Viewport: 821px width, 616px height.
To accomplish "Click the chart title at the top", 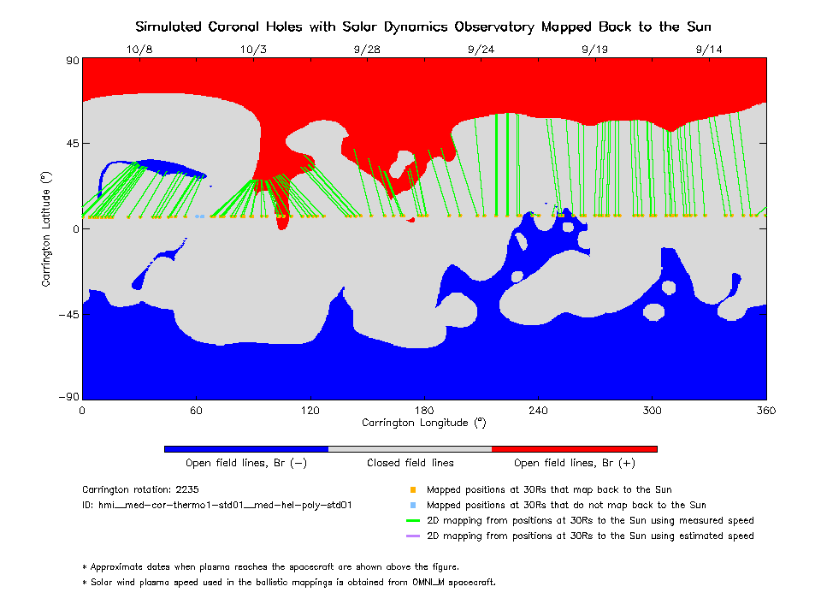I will click(x=422, y=27).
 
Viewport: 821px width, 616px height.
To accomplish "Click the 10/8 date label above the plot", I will click(x=139, y=50).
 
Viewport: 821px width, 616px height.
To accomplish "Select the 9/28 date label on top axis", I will click(x=366, y=50).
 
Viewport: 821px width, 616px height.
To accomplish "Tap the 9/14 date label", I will click(x=709, y=50).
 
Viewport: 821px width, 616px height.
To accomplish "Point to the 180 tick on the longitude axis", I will click(x=424, y=410).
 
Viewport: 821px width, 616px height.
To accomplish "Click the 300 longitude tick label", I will click(x=653, y=410).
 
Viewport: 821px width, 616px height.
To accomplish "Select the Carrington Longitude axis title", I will click(x=423, y=423).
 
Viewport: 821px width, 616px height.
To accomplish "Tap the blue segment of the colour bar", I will click(x=245, y=448).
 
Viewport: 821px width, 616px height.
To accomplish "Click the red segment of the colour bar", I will click(x=574, y=448).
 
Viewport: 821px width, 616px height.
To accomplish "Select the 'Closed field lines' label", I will click(x=410, y=463).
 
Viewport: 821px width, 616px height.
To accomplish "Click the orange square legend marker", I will click(x=412, y=490).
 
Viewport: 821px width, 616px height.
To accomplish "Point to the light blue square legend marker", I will click(x=412, y=506).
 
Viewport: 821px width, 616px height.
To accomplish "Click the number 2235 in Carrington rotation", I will click(x=186, y=490).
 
